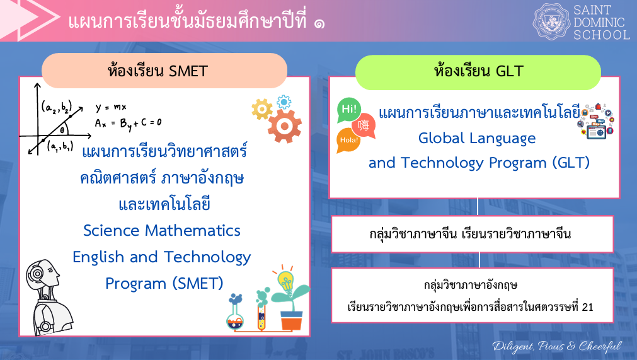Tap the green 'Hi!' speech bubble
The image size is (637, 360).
[x=349, y=110]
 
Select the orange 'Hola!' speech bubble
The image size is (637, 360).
[x=348, y=141]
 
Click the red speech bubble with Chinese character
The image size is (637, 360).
[x=364, y=125]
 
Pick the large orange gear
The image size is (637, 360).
[x=284, y=126]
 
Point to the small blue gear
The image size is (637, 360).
[x=284, y=102]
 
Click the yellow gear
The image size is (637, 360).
[x=262, y=109]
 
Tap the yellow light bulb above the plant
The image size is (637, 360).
[x=285, y=279]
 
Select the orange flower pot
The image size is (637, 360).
[x=292, y=320]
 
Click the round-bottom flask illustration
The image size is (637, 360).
[x=235, y=312]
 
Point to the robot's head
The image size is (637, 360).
[x=42, y=275]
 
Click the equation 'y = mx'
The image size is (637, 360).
[x=111, y=108]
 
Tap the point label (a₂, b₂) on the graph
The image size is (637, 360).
[x=57, y=107]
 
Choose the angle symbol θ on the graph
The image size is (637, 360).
[x=62, y=130]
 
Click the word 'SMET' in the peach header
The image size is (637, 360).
[x=188, y=71]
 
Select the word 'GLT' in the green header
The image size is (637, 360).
[x=510, y=71]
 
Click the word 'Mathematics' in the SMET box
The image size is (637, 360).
[x=193, y=231]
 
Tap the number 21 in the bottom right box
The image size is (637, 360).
[x=587, y=307]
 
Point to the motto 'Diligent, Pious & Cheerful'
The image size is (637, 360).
[x=557, y=346]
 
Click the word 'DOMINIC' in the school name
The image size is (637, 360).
[x=599, y=22]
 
